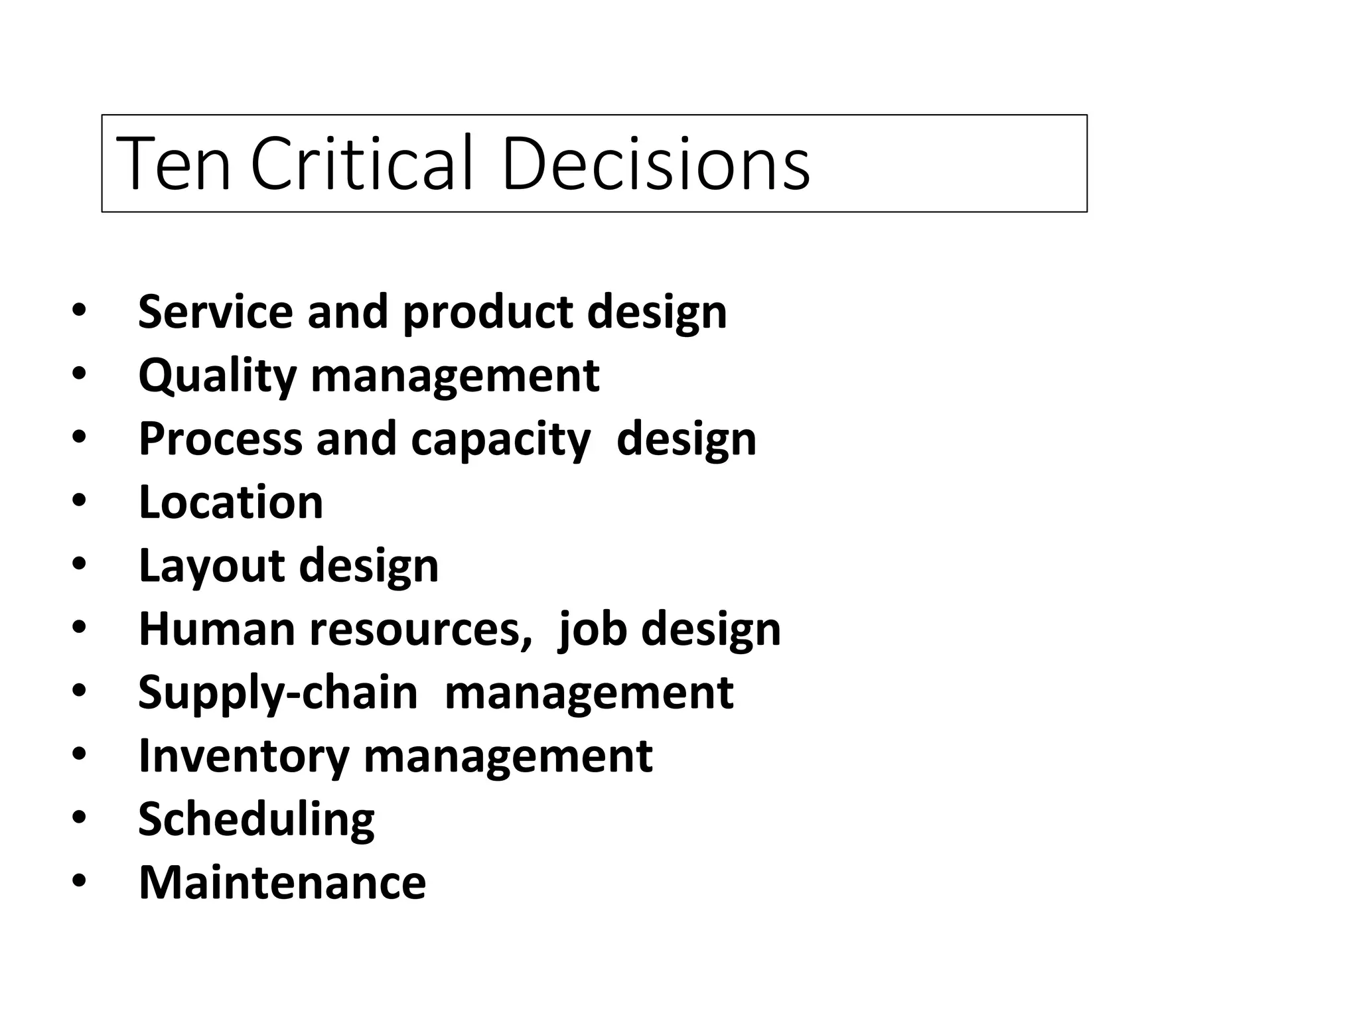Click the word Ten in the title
[x=173, y=164]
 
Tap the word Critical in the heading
[x=362, y=164]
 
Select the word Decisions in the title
[x=656, y=164]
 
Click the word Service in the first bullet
[x=216, y=311]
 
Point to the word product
[x=488, y=312]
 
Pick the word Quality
[x=217, y=376]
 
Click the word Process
[x=220, y=439]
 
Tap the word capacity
[x=501, y=440]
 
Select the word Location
[x=231, y=502]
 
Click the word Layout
[x=212, y=566]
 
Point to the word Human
[x=217, y=628]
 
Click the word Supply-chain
[x=278, y=693]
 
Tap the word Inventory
[x=244, y=756]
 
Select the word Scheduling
[x=256, y=819]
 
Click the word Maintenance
[x=282, y=882]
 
